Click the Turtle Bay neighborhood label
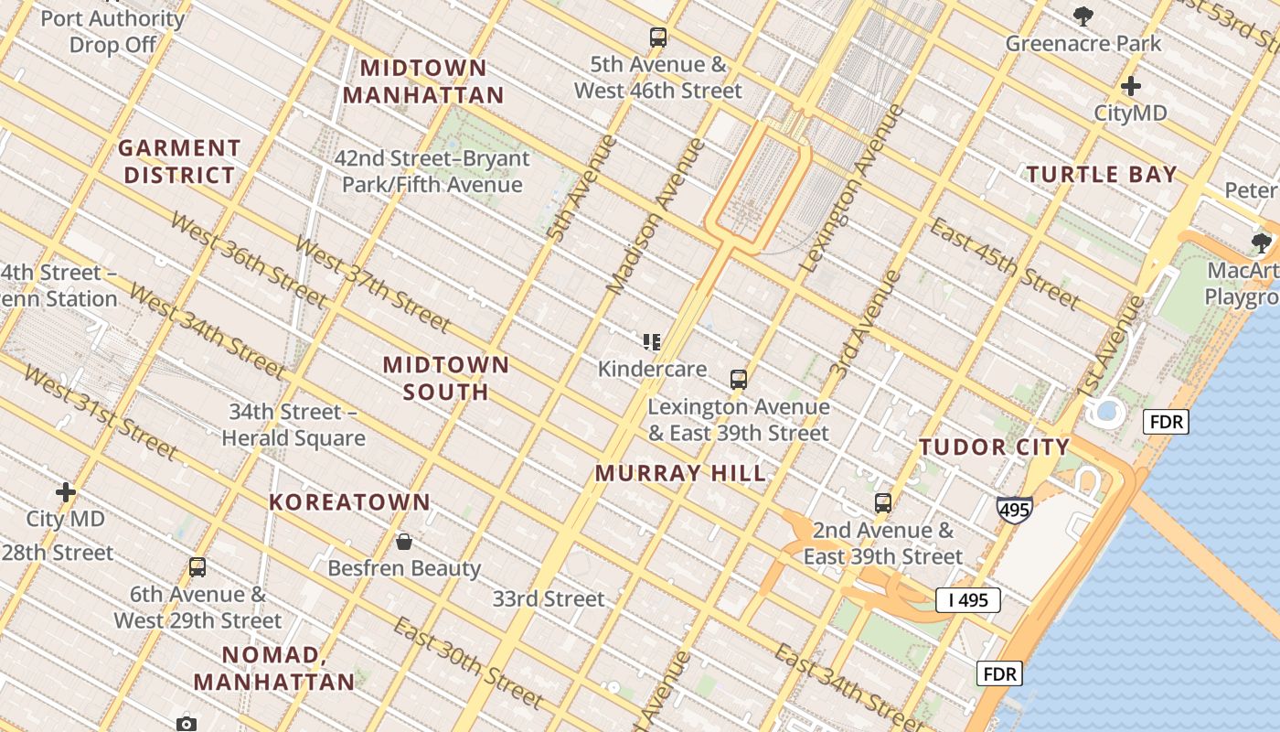1102,174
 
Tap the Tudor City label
994,447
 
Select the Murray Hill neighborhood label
680,474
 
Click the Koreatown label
349,502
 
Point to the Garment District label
179,161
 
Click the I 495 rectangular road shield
967,600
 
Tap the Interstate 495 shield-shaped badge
1015,510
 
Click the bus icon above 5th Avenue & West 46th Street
658,38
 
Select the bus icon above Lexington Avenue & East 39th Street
738,379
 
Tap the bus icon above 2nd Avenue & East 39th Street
882,502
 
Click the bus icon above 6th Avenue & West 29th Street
197,566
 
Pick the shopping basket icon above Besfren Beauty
404,542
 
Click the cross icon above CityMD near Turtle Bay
1131,86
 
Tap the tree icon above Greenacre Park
1083,16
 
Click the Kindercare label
652,369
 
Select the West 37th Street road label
372,285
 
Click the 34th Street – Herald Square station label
293,425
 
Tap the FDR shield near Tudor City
1166,422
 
